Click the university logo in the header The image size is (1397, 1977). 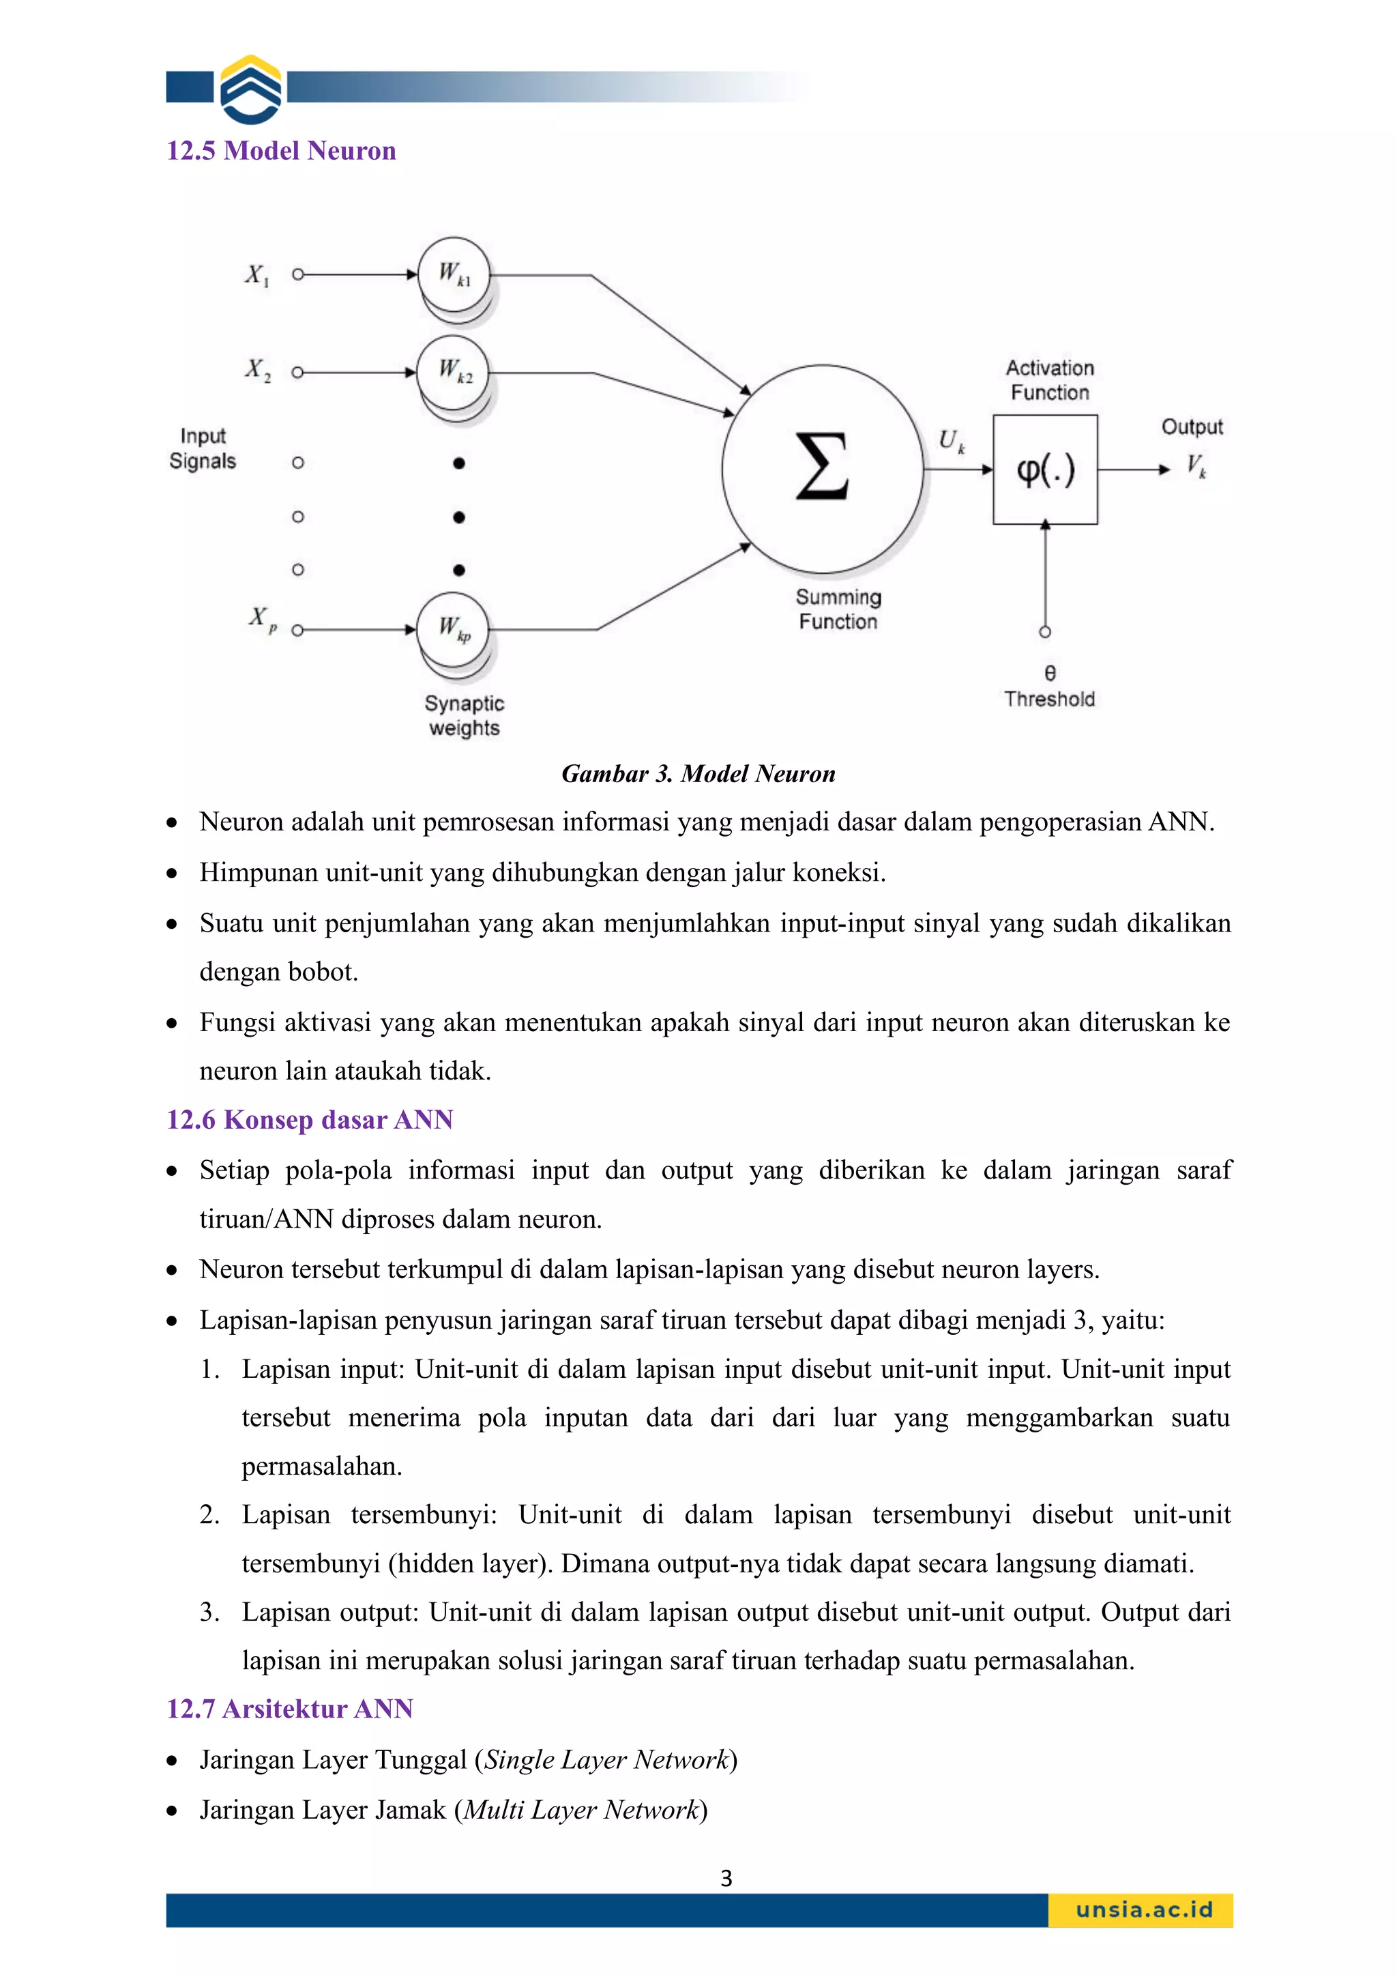point(250,89)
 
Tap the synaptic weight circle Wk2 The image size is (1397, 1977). point(454,372)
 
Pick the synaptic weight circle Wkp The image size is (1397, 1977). point(453,629)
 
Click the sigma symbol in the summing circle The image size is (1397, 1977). point(821,467)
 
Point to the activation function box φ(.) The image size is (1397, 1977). point(1045,470)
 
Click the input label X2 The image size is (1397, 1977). point(257,371)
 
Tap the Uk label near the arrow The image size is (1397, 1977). point(950,441)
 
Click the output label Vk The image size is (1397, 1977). point(1196,466)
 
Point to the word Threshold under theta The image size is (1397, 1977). point(1048,699)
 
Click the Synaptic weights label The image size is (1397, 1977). point(464,716)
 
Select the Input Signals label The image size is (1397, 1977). point(203,448)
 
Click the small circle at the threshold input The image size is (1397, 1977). point(1045,632)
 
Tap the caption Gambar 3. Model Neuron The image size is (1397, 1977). point(698,773)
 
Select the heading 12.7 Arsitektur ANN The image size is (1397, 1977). point(289,1708)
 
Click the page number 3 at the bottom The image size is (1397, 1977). point(726,1878)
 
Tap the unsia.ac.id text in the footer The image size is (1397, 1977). point(1143,1910)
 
